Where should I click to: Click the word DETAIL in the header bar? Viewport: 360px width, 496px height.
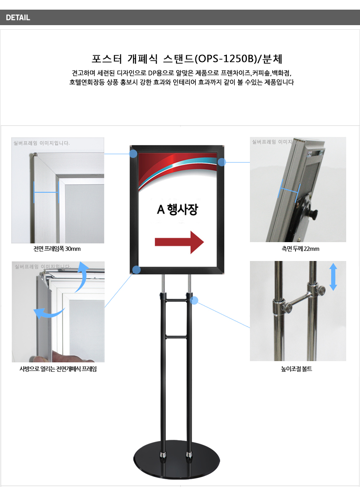18,18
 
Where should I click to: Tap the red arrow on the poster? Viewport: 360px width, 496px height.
179,242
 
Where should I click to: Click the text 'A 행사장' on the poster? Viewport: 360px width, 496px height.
177,209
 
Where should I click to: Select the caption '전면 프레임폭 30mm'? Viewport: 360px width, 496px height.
57,249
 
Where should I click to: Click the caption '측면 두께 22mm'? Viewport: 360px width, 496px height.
300,249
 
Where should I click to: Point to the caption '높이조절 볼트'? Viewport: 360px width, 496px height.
296,369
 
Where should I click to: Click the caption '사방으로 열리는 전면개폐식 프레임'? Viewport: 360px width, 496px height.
58,369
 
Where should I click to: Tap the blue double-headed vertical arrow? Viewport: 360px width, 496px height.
333,277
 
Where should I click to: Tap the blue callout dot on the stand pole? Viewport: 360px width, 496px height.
194,300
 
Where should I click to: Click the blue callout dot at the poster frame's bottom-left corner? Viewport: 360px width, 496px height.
136,270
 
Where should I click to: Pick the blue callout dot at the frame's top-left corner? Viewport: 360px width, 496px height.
133,154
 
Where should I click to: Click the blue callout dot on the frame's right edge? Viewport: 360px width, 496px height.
222,162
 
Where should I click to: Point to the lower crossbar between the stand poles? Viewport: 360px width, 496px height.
176,337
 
